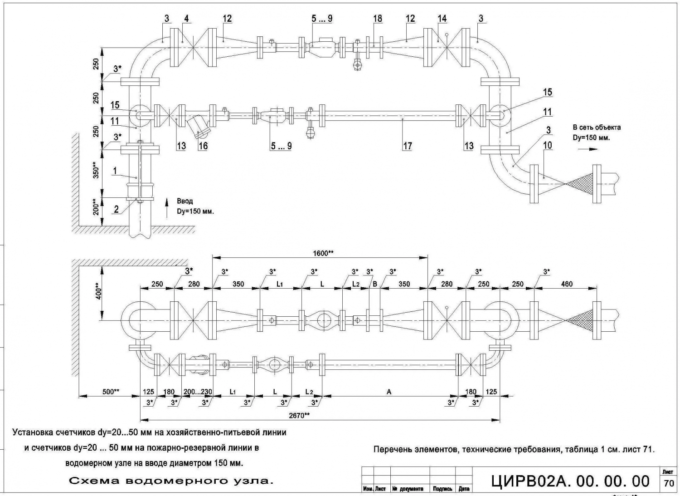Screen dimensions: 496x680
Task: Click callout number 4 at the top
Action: pos(186,19)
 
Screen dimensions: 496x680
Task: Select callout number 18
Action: pos(377,19)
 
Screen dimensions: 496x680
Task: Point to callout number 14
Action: pos(442,19)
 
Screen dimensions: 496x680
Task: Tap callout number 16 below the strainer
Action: pos(203,146)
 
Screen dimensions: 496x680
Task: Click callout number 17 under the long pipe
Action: pos(407,146)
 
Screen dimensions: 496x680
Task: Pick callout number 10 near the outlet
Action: pos(548,145)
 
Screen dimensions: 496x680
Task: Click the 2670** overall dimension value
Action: pos(299,415)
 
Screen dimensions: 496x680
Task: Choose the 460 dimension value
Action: pos(567,284)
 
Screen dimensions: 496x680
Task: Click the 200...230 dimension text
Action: pos(198,392)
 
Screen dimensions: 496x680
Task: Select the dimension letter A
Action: pos(389,392)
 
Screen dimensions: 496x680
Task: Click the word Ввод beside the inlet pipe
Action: pos(185,201)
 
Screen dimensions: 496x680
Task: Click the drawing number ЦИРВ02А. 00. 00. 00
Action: pos(570,481)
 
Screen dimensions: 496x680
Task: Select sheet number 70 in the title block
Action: pos(669,483)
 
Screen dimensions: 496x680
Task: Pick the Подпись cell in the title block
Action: pos(442,489)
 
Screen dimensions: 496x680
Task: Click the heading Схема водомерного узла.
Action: pos(171,481)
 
